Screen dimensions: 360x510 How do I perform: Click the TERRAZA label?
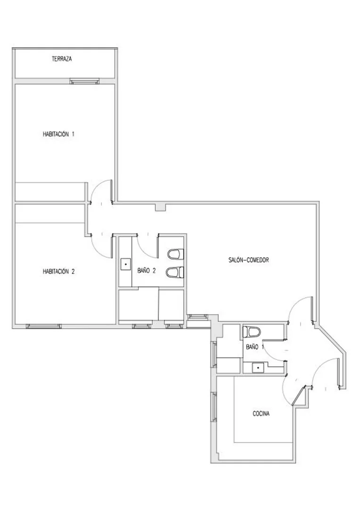62,59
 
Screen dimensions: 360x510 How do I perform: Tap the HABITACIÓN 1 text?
59,134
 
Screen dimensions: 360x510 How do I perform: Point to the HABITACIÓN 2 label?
59,271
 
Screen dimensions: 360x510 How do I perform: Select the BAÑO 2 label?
147,271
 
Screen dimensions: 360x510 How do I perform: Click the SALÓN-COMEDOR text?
249,260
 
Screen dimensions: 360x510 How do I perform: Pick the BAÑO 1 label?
255,347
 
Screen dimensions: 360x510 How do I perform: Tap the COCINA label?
261,414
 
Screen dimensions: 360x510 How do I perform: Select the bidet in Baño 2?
175,272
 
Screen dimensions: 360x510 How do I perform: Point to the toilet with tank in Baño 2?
176,254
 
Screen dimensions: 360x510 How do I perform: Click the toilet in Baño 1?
252,332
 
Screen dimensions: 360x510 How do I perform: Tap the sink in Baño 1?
258,367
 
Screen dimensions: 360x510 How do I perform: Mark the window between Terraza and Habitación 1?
84,81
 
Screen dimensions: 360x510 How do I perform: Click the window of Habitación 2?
44,326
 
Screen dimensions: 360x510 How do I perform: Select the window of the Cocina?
214,407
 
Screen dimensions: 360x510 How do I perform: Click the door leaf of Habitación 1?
112,191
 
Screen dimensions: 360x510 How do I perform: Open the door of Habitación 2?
114,246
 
